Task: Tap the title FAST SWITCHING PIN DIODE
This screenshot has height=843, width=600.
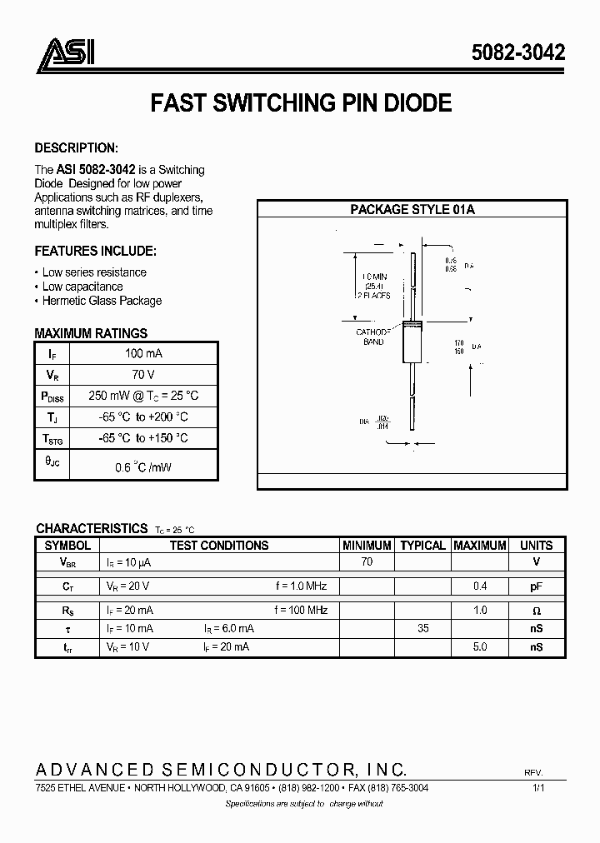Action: (x=301, y=102)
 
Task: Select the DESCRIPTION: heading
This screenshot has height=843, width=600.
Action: (x=76, y=148)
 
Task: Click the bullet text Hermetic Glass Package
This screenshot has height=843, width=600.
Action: (x=102, y=301)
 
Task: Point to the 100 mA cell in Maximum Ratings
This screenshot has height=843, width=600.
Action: (x=143, y=353)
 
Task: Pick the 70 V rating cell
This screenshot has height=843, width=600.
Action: (x=143, y=375)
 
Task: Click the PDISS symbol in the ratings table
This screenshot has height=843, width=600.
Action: (x=52, y=397)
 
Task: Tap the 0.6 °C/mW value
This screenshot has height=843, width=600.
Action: (x=143, y=467)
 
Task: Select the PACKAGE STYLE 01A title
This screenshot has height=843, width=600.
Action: (x=412, y=210)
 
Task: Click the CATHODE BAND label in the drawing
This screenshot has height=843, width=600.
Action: (x=372, y=337)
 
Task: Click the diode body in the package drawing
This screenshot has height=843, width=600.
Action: (x=413, y=342)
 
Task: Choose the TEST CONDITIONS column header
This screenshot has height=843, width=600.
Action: (x=219, y=546)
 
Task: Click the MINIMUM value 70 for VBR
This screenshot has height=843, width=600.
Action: (x=367, y=562)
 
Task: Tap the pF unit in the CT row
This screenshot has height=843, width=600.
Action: (x=536, y=586)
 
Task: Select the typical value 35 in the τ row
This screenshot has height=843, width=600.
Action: (x=422, y=628)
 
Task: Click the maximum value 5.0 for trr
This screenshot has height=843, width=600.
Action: (x=479, y=646)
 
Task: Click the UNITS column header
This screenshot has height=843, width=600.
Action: (x=536, y=546)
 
